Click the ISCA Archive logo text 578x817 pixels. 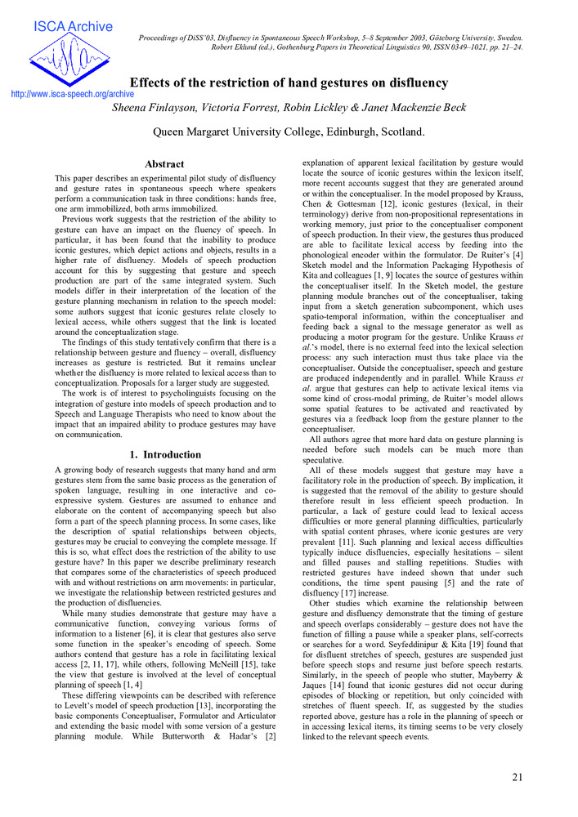click(x=72, y=27)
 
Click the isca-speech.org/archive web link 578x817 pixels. click(x=73, y=94)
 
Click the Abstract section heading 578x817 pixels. click(x=164, y=164)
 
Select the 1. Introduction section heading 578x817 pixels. click(x=165, y=454)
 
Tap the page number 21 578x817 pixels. click(x=517, y=776)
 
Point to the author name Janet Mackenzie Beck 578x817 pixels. click(x=414, y=108)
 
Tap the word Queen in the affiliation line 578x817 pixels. click(x=172, y=132)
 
